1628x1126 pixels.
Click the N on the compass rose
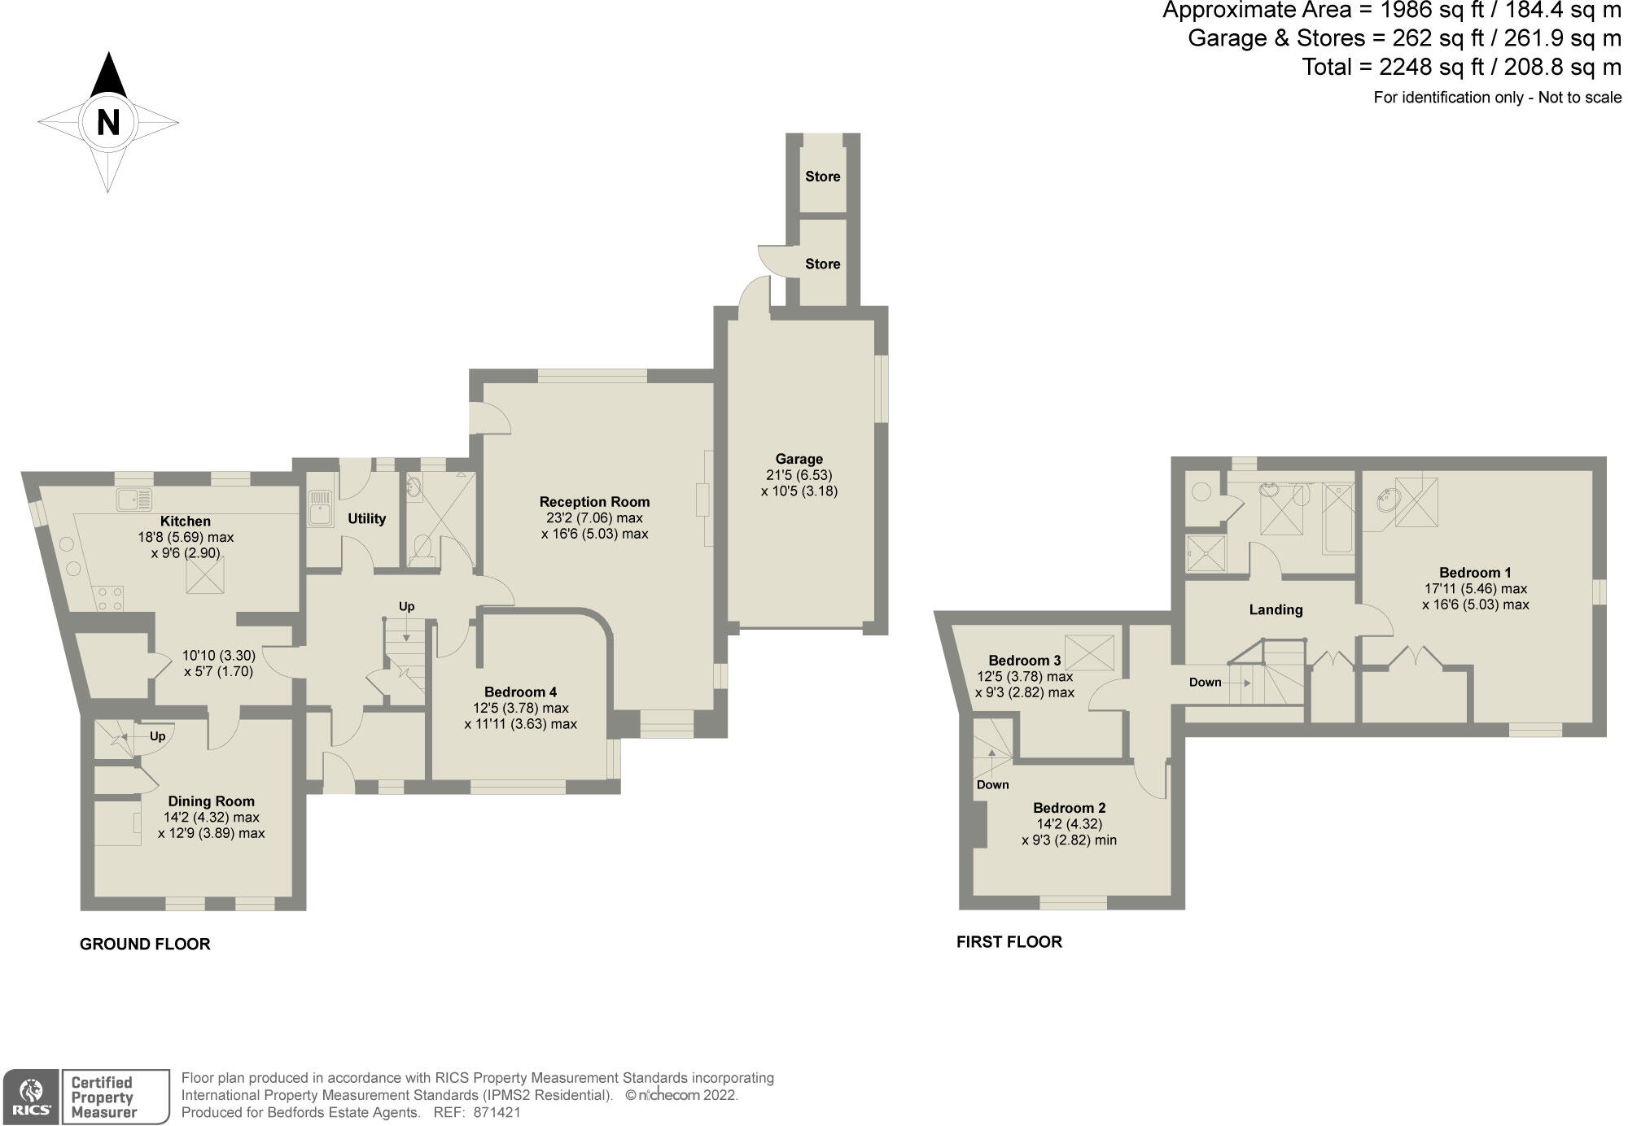[x=107, y=123]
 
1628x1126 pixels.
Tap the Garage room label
[x=799, y=459]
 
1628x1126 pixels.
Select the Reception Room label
[x=594, y=502]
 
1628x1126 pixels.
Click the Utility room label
[x=366, y=519]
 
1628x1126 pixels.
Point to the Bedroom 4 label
[x=520, y=692]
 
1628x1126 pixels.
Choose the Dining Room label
[x=211, y=801]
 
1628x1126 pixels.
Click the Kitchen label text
[x=186, y=522]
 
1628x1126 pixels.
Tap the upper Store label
[x=822, y=177]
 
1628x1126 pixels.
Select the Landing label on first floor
[x=1276, y=610]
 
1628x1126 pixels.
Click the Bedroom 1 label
[x=1475, y=573]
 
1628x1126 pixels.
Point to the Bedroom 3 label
[x=1024, y=661]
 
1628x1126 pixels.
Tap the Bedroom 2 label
[x=1069, y=808]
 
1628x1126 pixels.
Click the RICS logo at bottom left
[x=31, y=1097]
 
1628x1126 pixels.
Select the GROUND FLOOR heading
[x=145, y=945]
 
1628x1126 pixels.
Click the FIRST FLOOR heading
[x=1009, y=942]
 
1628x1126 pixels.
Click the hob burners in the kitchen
[x=110, y=599]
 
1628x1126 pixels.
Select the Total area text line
[x=1461, y=67]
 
